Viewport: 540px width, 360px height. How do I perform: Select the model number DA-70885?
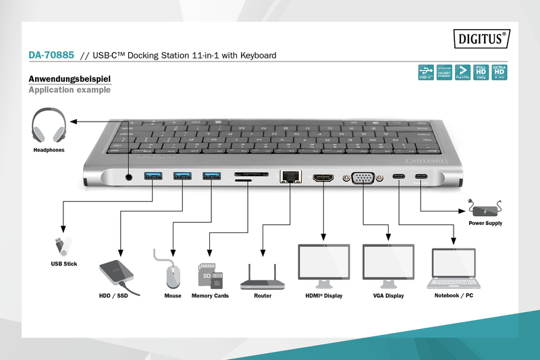tap(51, 55)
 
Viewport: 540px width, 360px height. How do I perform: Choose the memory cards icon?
tap(210, 274)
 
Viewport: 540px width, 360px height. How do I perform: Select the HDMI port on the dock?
tap(324, 178)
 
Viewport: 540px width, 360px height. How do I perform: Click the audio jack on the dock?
tap(129, 177)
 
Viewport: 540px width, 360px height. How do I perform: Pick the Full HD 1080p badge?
tap(481, 72)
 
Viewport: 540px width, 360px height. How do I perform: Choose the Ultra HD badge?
tap(499, 72)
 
